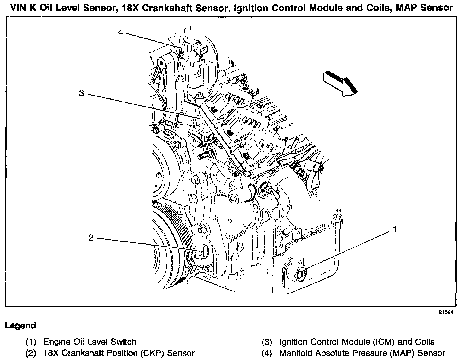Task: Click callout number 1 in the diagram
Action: pyautogui.click(x=394, y=230)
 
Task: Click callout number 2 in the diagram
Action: pyautogui.click(x=91, y=237)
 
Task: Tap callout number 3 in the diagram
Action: pyautogui.click(x=82, y=93)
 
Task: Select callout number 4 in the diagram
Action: pyautogui.click(x=120, y=32)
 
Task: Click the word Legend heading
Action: pyautogui.click(x=20, y=326)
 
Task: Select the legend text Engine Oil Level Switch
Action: pyautogui.click(x=90, y=342)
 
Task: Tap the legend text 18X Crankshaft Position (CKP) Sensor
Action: pyautogui.click(x=119, y=353)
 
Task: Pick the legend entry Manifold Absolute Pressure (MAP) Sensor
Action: pyautogui.click(x=362, y=353)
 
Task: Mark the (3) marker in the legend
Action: pyautogui.click(x=267, y=342)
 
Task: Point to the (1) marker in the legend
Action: pyautogui.click(x=31, y=342)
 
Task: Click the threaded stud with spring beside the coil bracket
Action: pyautogui.click(x=208, y=144)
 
